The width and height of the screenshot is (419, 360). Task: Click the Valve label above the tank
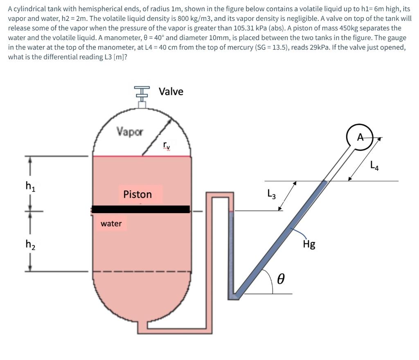point(171,91)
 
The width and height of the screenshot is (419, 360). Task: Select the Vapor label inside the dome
point(130,132)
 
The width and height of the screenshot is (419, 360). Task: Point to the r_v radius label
point(167,145)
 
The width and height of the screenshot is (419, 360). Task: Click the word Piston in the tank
point(137,194)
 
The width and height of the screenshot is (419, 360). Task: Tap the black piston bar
point(141,209)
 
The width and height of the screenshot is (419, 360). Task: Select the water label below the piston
point(111,223)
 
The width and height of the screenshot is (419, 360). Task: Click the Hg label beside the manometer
point(309,244)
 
